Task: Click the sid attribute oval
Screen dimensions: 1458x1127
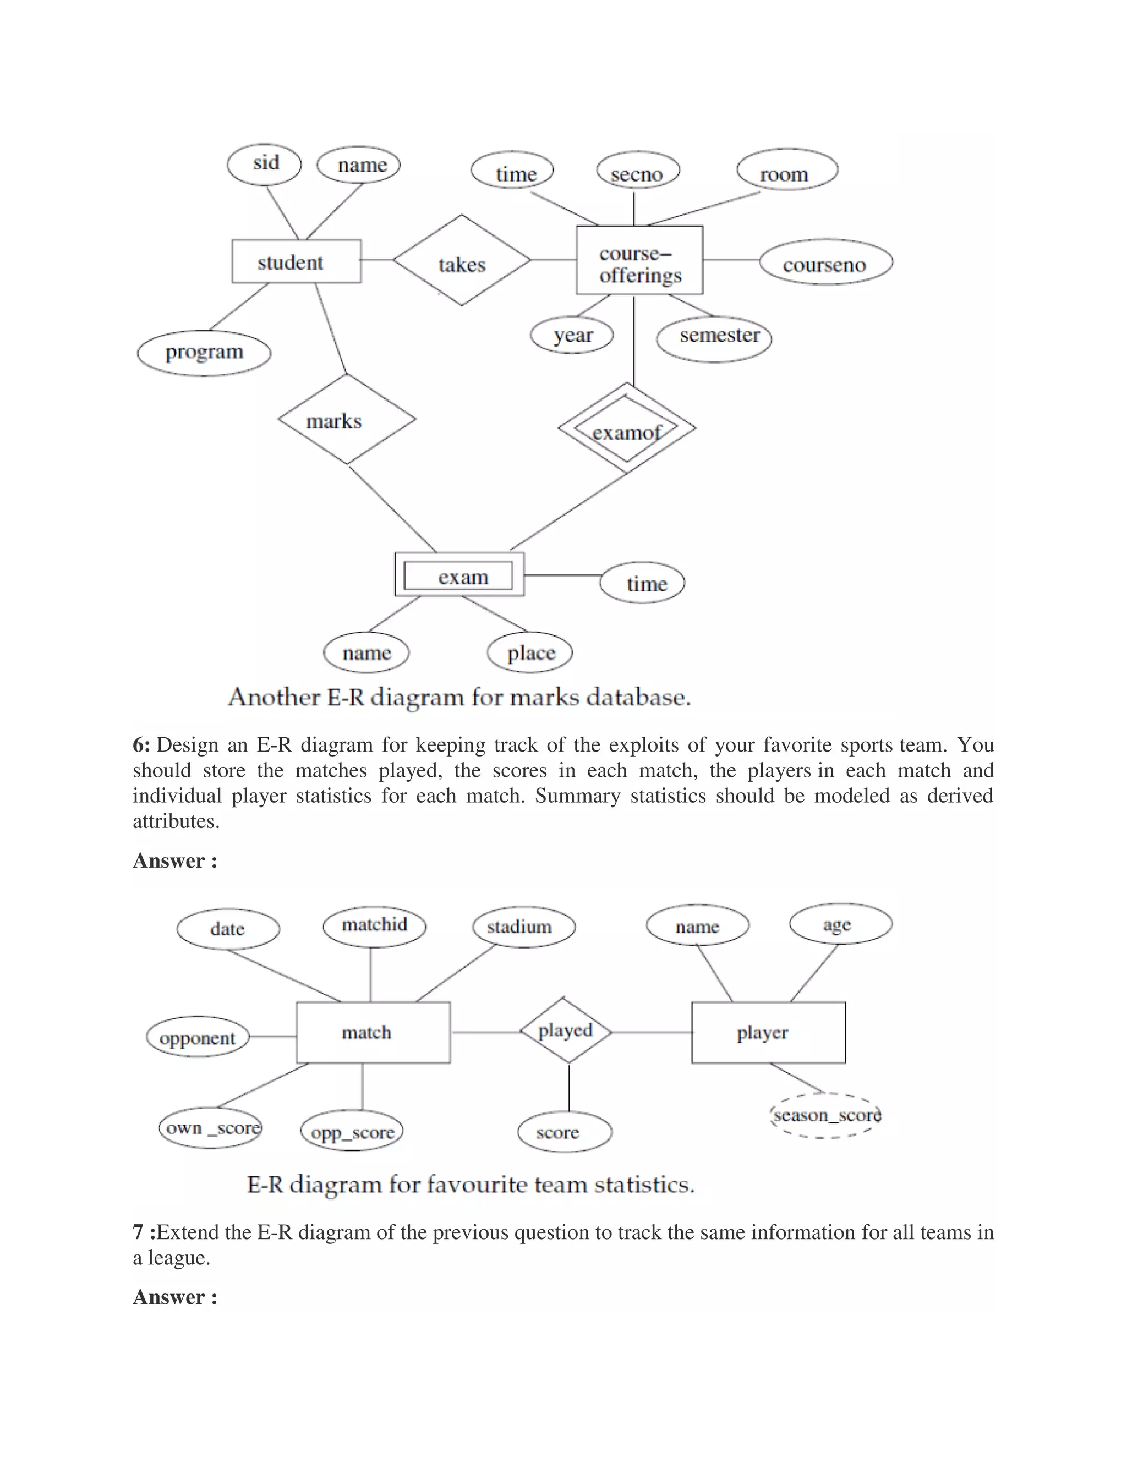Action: [264, 164]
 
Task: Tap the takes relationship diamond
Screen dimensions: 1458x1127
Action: [461, 261]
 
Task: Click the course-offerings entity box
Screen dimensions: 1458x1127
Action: [639, 260]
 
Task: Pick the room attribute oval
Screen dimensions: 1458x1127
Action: [786, 170]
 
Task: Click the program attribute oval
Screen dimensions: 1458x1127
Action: [204, 353]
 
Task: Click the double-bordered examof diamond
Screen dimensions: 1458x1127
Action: [626, 429]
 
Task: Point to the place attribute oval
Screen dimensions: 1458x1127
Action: [530, 651]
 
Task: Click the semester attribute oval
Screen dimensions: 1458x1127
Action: [714, 338]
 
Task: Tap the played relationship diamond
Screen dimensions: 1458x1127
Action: [566, 1030]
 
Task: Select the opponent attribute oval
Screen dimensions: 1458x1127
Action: [198, 1037]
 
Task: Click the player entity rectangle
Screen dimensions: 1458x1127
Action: [768, 1032]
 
